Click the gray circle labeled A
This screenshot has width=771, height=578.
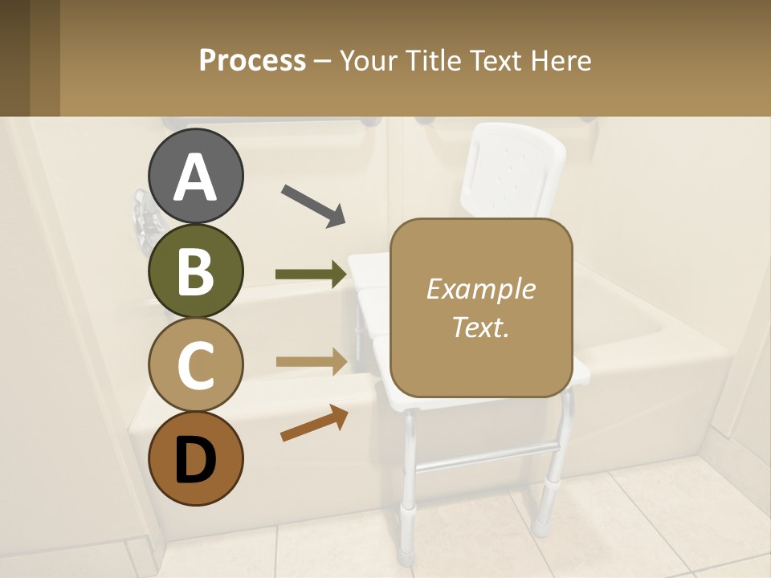(x=195, y=176)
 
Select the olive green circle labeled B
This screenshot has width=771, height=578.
(x=195, y=271)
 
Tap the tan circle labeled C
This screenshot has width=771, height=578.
(x=195, y=364)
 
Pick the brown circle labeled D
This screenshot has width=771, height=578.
(x=195, y=458)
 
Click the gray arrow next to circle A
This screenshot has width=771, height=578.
(x=313, y=205)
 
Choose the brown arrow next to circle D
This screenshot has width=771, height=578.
(x=314, y=423)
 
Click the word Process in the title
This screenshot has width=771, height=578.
(x=252, y=61)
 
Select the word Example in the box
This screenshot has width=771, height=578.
(x=480, y=289)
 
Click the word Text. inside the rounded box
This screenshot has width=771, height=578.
(x=480, y=327)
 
